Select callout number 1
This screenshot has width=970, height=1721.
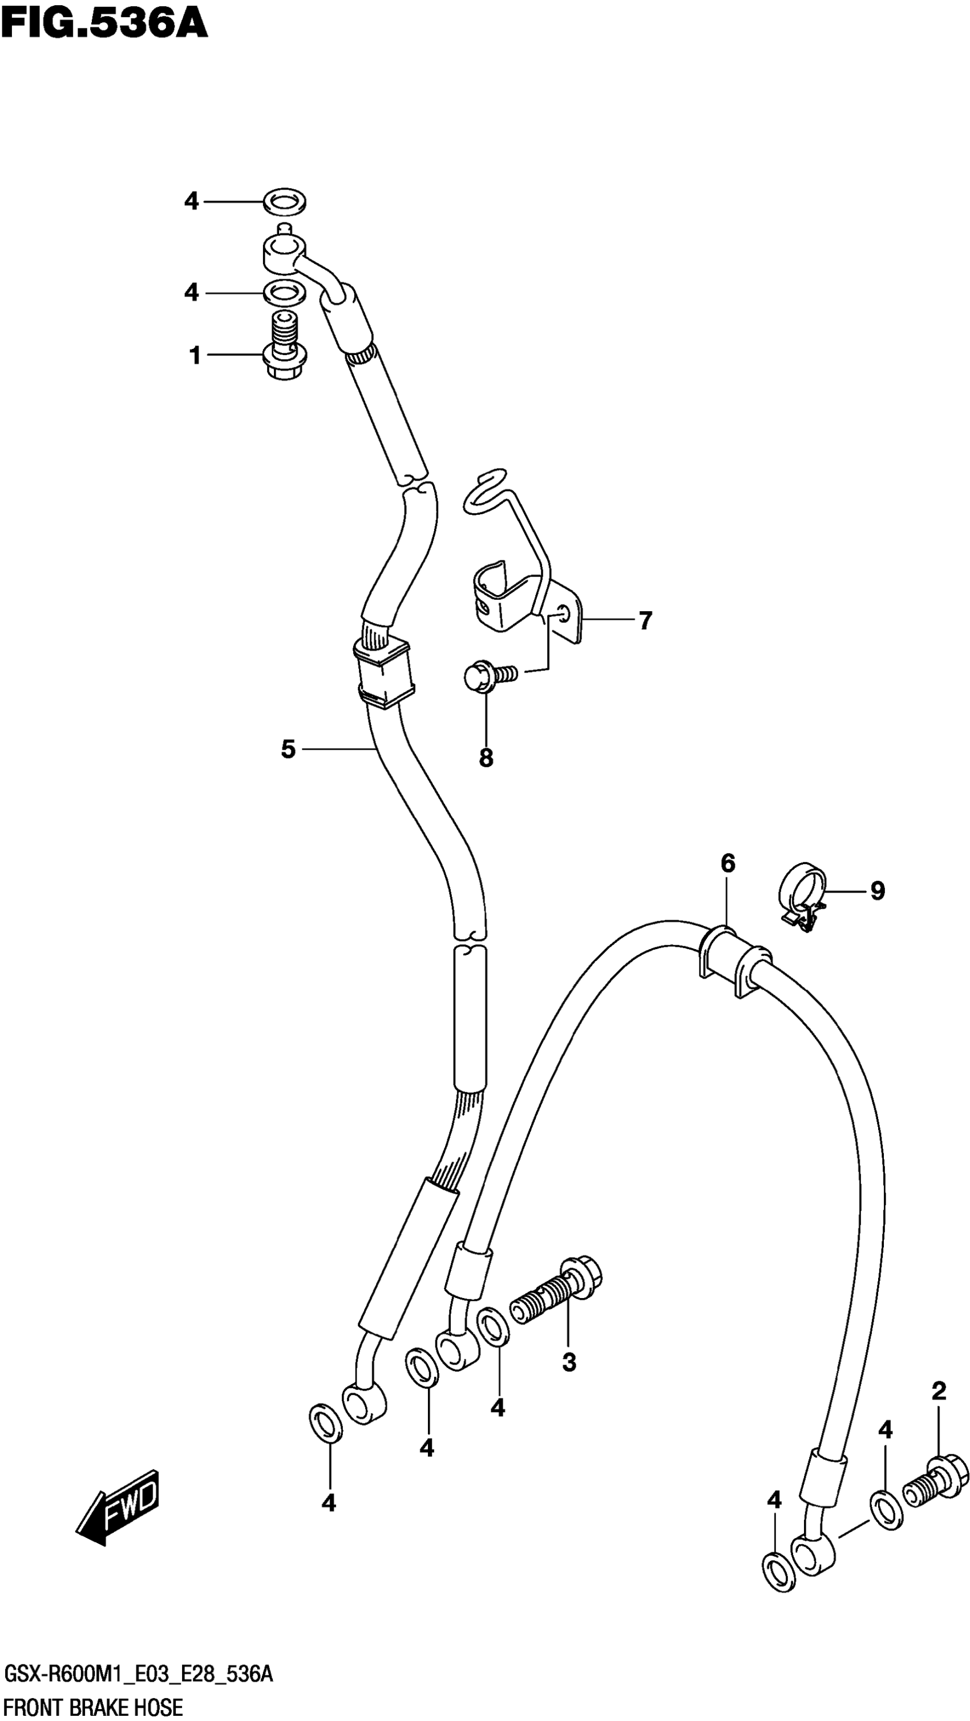point(195,355)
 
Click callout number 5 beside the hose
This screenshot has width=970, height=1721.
point(288,750)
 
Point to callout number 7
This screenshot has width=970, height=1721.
point(644,621)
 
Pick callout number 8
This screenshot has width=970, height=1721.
point(486,758)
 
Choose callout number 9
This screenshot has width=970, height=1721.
point(877,890)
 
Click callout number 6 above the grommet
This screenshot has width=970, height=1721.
point(727,864)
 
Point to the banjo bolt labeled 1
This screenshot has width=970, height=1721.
point(285,347)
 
